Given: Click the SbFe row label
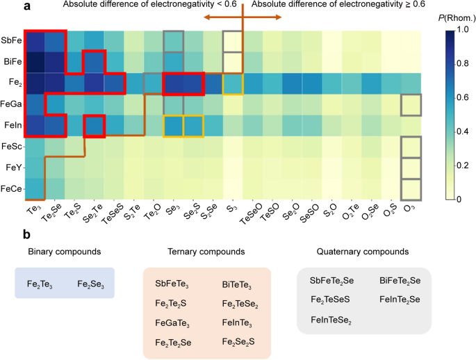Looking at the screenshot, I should coord(10,41).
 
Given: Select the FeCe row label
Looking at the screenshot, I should coord(10,188).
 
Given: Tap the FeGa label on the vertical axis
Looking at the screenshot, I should coord(10,104).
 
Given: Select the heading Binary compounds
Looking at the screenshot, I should coord(65,252).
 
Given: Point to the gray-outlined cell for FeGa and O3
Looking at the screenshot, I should coord(411,104).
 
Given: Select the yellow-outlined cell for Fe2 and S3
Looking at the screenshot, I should coord(233,83).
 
